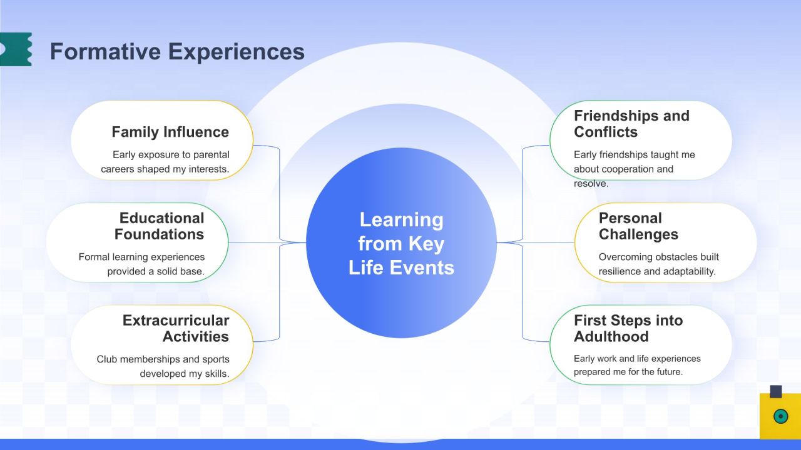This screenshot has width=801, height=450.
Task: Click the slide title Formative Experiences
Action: point(177,51)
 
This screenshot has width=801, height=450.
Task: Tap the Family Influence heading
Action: point(170,132)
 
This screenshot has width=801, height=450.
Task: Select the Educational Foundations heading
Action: point(160,226)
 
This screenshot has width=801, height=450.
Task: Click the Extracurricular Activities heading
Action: point(176,328)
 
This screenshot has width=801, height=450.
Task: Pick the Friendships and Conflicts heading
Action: point(631,124)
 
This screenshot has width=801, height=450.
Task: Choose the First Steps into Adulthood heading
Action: point(628,328)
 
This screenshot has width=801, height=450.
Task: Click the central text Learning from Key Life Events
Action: point(401,244)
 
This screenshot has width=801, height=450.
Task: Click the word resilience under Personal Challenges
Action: point(620,271)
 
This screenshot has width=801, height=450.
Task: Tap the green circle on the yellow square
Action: point(780,416)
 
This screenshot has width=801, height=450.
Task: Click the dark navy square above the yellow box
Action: point(776,391)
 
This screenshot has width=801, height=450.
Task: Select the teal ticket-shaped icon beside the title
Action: point(16,49)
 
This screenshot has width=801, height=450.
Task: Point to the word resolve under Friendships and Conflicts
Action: point(591,184)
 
